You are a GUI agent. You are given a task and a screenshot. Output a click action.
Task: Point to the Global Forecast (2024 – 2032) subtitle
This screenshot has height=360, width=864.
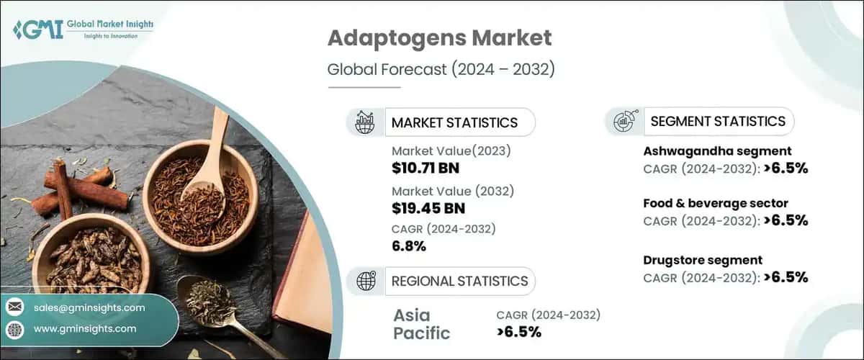coord(441,70)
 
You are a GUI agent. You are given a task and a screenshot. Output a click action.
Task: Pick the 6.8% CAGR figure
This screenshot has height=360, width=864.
coord(409,247)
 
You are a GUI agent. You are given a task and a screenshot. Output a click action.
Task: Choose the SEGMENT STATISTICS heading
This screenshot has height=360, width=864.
coord(718,122)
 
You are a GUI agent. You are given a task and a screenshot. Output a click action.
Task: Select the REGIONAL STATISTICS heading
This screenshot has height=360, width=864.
coord(459,281)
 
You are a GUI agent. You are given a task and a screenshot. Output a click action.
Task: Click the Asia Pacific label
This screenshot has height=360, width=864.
coord(422,324)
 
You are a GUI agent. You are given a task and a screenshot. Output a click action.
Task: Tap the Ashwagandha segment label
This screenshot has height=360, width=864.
coord(717,151)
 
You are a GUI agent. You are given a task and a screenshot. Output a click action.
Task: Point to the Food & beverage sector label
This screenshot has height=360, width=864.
coord(715,203)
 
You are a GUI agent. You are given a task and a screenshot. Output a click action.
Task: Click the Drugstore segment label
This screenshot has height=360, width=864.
coord(702,260)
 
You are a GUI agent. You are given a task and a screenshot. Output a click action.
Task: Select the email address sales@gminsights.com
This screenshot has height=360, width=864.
coord(89,307)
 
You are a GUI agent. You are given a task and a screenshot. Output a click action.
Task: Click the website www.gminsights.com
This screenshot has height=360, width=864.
coord(85,328)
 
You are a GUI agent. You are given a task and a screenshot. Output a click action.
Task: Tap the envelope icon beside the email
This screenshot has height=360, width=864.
coord(15,307)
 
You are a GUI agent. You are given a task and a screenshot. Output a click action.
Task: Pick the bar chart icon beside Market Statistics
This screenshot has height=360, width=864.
coord(365,122)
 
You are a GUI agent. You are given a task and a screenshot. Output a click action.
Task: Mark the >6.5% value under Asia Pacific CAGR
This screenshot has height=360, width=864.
coord(518,332)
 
